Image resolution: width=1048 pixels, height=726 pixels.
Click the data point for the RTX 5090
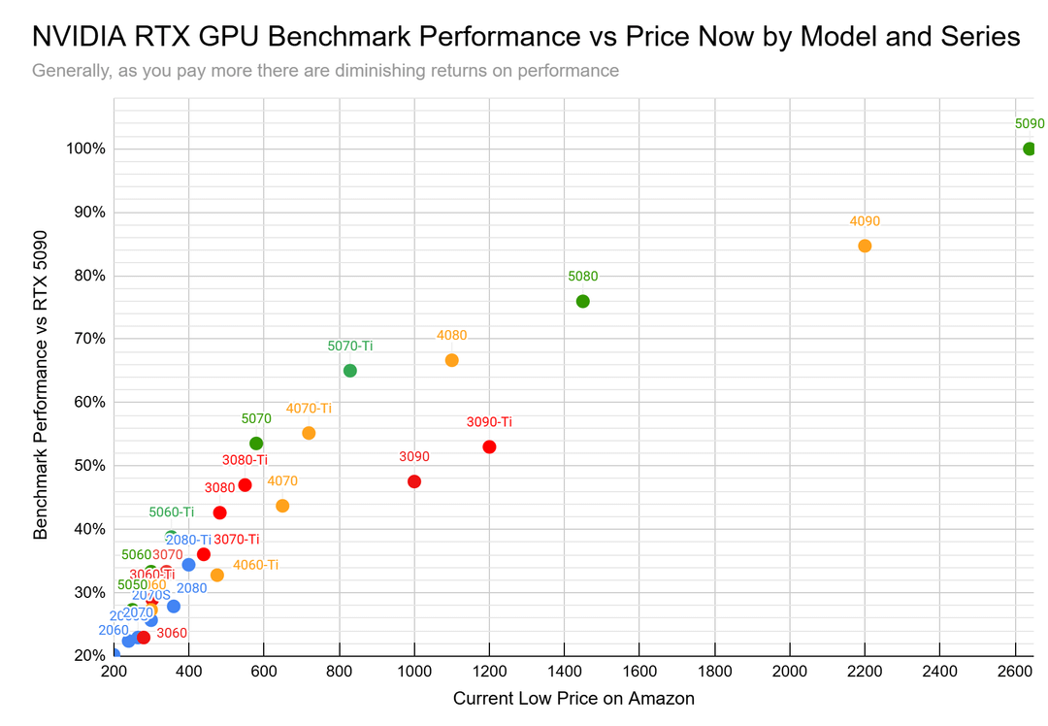1030,148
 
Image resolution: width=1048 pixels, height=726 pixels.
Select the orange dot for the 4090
865,246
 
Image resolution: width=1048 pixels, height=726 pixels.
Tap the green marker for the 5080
582,301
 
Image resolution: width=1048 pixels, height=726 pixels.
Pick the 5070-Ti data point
350,371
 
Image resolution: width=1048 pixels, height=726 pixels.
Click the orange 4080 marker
451,360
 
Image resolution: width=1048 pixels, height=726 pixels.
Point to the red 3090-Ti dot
489,446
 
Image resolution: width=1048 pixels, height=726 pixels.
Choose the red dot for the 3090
414,481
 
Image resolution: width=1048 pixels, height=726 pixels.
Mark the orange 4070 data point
282,506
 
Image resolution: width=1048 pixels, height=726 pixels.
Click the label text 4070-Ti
309,409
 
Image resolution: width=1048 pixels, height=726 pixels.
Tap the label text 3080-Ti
245,460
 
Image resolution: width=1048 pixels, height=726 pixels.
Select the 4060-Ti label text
255,565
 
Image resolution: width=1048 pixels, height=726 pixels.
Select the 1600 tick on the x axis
639,672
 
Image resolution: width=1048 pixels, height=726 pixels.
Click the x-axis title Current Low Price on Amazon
573,699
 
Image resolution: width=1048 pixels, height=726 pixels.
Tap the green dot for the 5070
256,444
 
